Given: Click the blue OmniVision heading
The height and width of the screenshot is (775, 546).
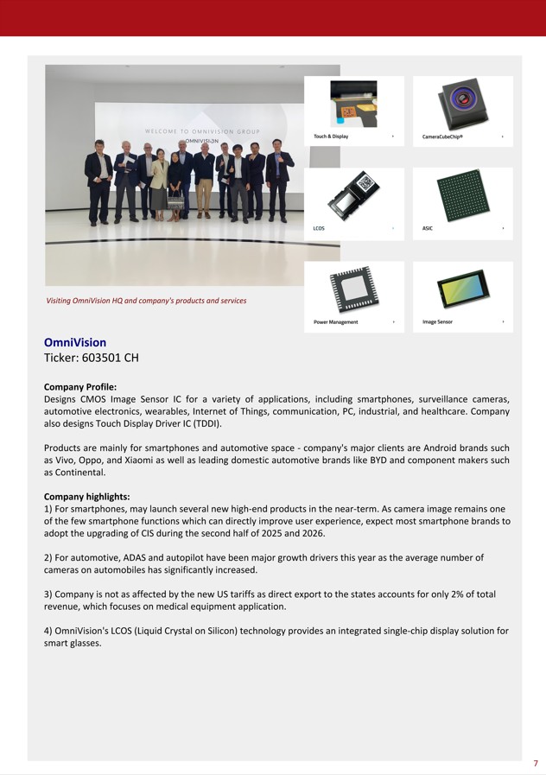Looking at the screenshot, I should click(x=75, y=343).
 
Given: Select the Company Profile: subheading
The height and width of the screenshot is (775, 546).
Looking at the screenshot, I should click(x=80, y=386).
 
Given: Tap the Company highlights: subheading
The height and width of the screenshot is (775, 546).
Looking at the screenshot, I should click(x=87, y=497).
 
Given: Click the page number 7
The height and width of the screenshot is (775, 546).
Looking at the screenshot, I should click(x=536, y=763).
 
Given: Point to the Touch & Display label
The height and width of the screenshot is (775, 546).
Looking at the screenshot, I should click(x=331, y=137).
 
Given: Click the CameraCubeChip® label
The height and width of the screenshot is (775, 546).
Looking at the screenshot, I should click(x=442, y=137).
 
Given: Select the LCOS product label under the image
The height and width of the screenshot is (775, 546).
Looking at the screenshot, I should click(x=319, y=228).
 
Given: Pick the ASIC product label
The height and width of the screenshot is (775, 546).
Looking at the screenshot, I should click(x=428, y=228).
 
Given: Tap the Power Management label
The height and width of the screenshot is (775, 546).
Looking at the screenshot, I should click(x=335, y=322).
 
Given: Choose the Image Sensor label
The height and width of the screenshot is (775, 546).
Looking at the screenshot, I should click(x=437, y=322).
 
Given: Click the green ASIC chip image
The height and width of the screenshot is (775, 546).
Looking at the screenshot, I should click(x=462, y=194).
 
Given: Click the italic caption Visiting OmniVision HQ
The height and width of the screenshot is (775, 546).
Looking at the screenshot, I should click(x=146, y=301).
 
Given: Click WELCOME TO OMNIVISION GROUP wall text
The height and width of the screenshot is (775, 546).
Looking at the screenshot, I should click(x=202, y=131).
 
